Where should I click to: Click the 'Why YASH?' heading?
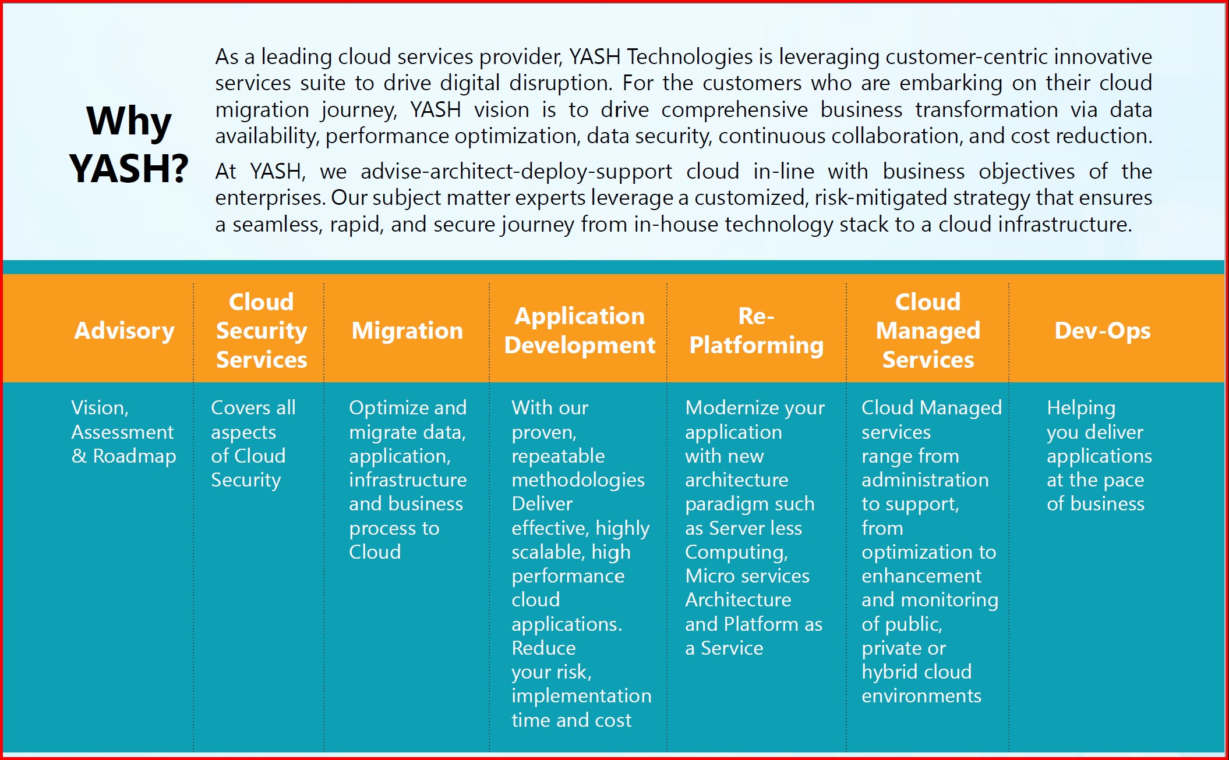tap(129, 144)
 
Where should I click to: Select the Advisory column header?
tap(125, 331)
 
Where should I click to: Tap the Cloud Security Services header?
tap(262, 331)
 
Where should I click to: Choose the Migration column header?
tap(407, 331)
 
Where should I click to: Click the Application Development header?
tap(580, 331)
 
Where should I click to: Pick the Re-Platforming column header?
tap(756, 331)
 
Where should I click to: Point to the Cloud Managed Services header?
tap(928, 331)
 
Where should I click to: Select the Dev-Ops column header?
tap(1102, 331)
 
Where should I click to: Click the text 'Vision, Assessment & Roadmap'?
tap(123, 432)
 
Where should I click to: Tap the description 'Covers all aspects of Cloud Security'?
tap(253, 444)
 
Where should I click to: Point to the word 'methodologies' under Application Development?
tap(578, 481)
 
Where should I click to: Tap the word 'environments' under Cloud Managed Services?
tap(921, 696)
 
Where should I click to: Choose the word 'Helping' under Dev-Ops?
tap(1081, 409)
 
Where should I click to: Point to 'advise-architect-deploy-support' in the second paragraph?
tap(516, 172)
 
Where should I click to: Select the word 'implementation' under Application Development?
tap(581, 697)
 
